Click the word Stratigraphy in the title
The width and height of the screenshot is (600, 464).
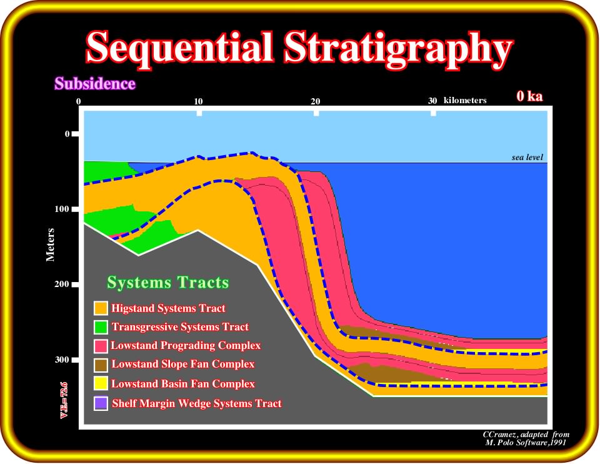click(398, 51)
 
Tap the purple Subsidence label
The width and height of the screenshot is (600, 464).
click(95, 83)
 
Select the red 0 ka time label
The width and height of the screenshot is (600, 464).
click(529, 96)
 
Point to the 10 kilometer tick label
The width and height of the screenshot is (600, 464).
click(198, 101)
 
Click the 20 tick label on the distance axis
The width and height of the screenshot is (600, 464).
click(315, 101)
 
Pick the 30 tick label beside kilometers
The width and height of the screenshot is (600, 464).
click(432, 101)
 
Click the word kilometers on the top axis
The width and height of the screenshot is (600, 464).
click(465, 100)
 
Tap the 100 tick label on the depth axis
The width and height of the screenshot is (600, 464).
click(62, 209)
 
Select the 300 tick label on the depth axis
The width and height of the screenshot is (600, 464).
click(62, 360)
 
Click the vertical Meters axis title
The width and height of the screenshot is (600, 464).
click(50, 245)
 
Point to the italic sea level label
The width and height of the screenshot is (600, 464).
click(527, 157)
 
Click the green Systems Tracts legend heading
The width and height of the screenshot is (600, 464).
click(167, 283)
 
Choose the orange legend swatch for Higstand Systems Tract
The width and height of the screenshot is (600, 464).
click(101, 308)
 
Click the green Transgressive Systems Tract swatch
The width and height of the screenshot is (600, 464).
click(101, 327)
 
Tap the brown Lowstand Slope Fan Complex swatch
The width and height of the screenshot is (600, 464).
click(101, 365)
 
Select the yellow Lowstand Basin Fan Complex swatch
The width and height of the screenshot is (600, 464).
click(101, 383)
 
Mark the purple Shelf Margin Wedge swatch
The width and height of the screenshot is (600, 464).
click(101, 403)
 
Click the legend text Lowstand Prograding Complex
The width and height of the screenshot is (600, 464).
click(186, 346)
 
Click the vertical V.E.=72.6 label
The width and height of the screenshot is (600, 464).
click(64, 400)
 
